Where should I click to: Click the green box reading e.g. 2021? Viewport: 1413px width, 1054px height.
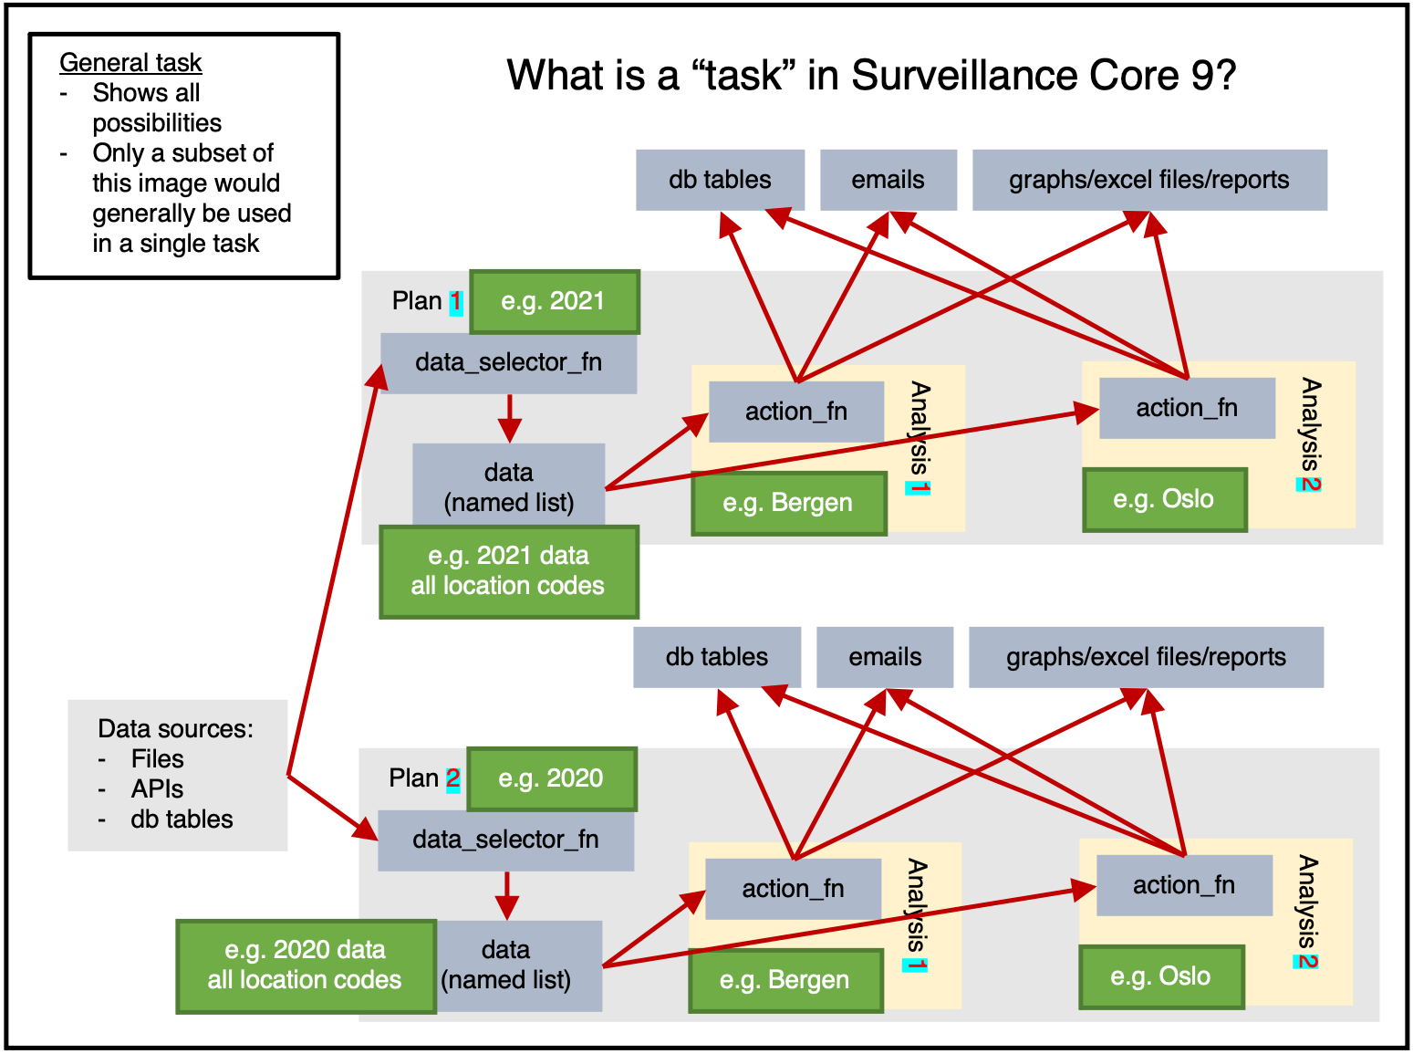[x=554, y=301]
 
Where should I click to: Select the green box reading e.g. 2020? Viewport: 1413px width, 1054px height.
[x=551, y=778]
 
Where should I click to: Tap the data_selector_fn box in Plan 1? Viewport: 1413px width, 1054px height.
[x=508, y=362]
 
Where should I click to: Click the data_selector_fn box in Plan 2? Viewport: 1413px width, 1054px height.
[x=505, y=840]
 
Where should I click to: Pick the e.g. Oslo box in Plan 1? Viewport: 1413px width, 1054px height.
[x=1164, y=499]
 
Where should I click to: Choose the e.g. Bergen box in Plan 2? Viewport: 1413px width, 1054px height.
[x=784, y=980]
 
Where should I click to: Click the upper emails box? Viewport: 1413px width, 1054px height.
[x=888, y=180]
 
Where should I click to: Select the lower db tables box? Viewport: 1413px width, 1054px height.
[x=716, y=657]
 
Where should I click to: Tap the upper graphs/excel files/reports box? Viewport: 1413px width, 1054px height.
[x=1148, y=180]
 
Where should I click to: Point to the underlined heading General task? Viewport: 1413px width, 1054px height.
[x=130, y=63]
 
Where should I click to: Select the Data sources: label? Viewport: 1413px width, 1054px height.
[x=175, y=728]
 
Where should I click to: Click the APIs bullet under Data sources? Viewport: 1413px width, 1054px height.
[x=157, y=789]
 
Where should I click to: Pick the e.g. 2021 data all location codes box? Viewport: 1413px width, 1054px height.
[x=508, y=571]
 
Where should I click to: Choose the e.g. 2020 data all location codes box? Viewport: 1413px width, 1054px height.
[x=305, y=965]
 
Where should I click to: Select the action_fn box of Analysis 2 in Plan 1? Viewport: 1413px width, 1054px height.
[x=1186, y=408]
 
